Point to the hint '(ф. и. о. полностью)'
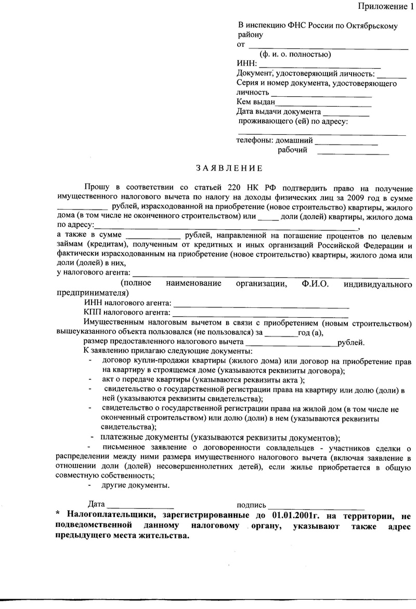point(295,54)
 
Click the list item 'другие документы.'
point(136,485)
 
